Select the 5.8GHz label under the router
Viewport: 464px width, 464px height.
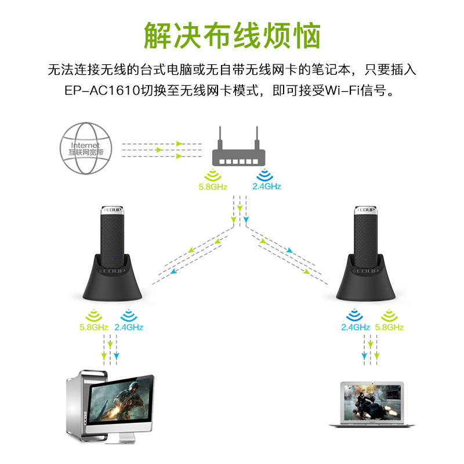pyautogui.click(x=212, y=187)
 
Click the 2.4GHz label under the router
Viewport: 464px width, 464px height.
pyautogui.click(x=266, y=187)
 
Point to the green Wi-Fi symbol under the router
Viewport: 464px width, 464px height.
pyautogui.click(x=212, y=175)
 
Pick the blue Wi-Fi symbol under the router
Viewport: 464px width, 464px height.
pyautogui.click(x=266, y=175)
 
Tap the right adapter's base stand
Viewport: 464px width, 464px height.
pyautogui.click(x=365, y=281)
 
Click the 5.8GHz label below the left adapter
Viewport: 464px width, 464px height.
pyautogui.click(x=94, y=327)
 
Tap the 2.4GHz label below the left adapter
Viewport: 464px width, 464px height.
pyautogui.click(x=129, y=327)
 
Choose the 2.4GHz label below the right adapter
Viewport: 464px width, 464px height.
pyautogui.click(x=356, y=327)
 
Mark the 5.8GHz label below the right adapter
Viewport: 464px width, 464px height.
pyautogui.click(x=389, y=327)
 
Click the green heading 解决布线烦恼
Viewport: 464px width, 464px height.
pyautogui.click(x=232, y=36)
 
